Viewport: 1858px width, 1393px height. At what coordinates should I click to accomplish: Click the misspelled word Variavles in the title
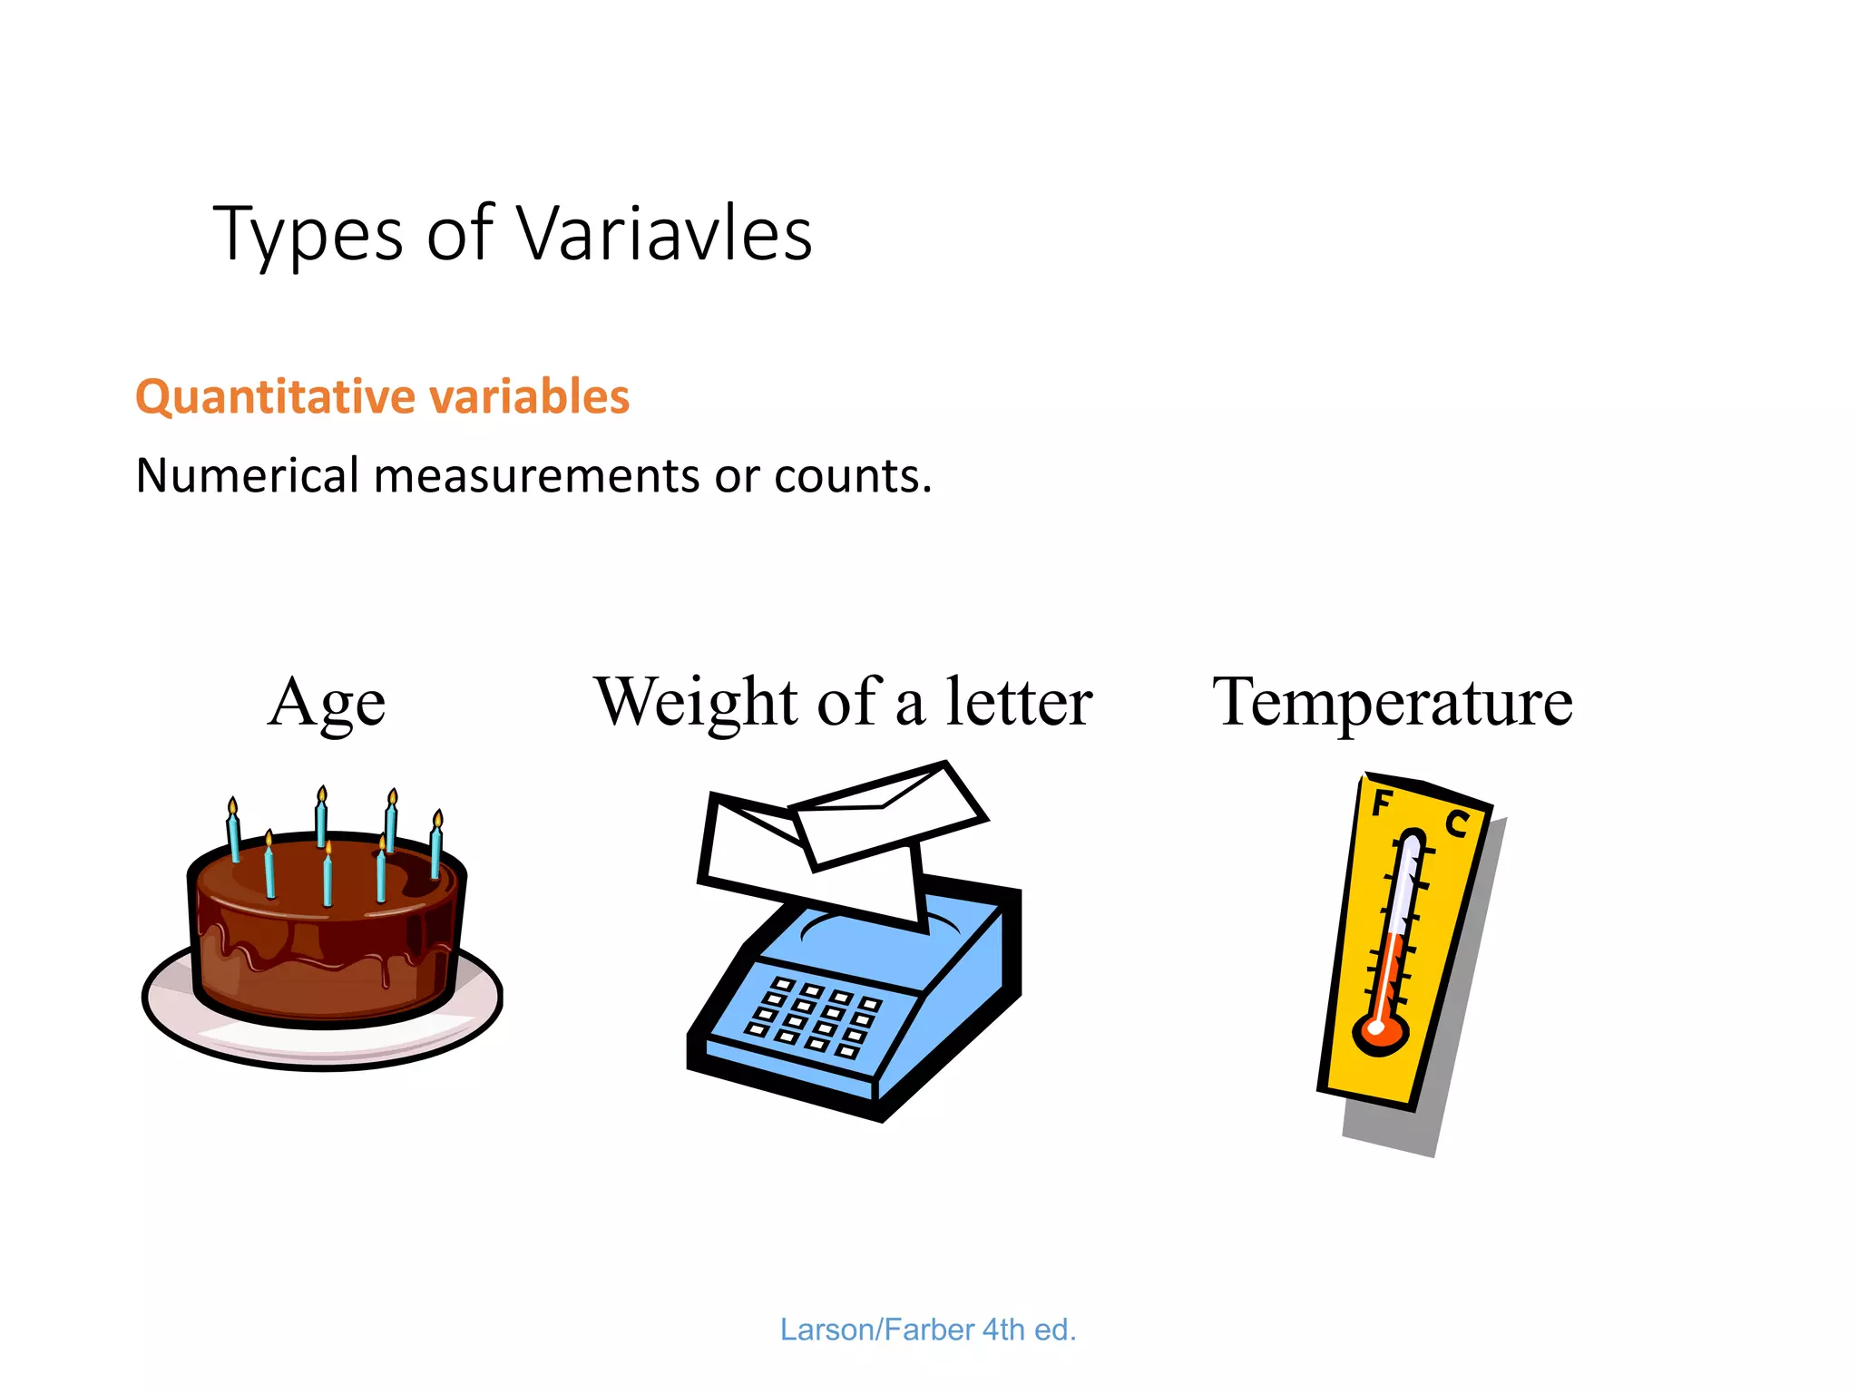coord(664,234)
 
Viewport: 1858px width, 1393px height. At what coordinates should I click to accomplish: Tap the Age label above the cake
coord(327,704)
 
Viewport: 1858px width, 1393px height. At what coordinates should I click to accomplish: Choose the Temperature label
coord(1393,703)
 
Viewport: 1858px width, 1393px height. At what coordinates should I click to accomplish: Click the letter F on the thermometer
coord(1381,803)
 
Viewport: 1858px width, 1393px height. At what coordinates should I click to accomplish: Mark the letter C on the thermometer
coord(1456,823)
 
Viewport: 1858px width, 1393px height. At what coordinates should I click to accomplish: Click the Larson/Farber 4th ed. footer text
coord(927,1330)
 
